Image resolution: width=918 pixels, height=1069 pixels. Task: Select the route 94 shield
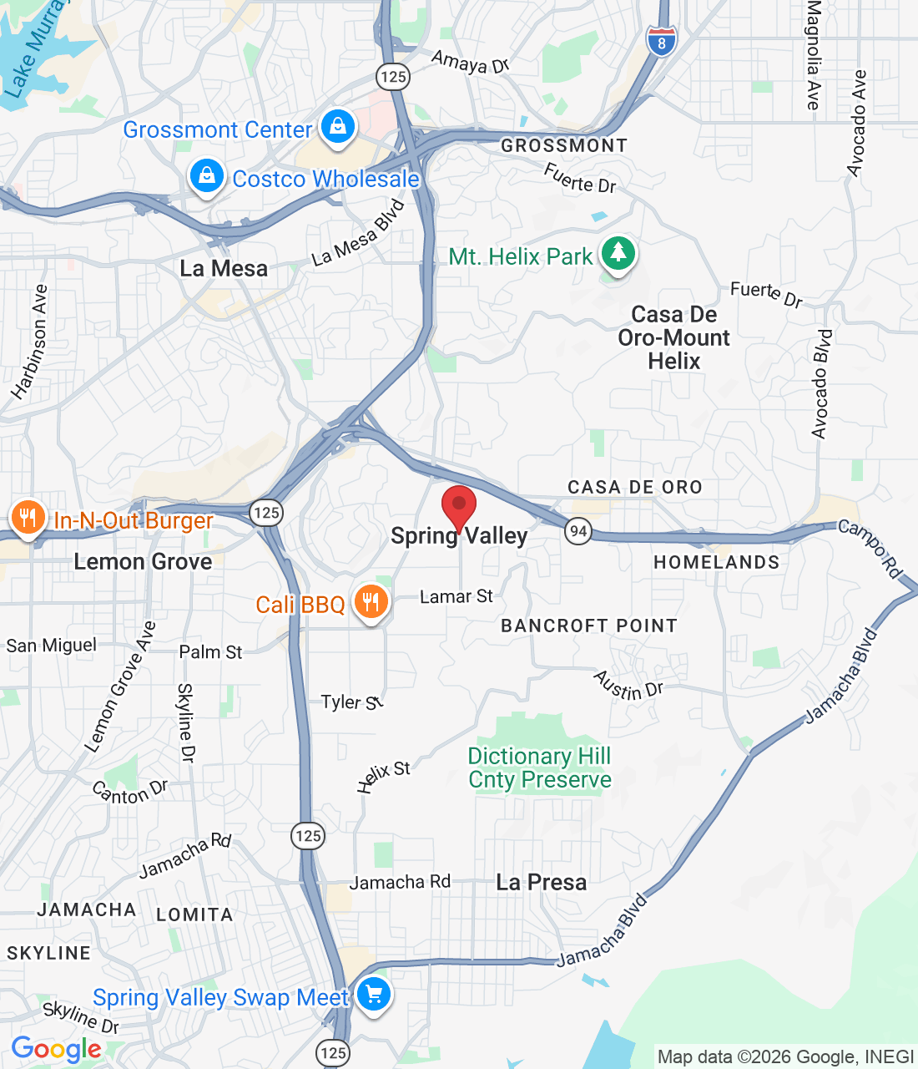(578, 530)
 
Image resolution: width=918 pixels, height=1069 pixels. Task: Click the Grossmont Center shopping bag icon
(337, 127)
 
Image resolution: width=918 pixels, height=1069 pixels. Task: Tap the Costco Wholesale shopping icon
(206, 175)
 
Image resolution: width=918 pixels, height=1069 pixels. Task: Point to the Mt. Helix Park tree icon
(618, 251)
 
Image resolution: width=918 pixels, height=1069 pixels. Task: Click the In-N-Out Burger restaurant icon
(28, 517)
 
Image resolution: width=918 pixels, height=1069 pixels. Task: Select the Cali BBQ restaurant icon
(371, 601)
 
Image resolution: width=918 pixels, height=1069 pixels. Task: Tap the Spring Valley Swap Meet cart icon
(373, 995)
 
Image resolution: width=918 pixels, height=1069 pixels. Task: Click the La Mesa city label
(224, 269)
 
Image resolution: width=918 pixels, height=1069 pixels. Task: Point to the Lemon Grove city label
(143, 562)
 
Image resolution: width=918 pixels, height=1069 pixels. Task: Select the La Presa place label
(541, 883)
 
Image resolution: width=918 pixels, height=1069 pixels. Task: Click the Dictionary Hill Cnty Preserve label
(539, 768)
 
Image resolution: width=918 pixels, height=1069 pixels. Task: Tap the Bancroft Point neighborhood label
(588, 626)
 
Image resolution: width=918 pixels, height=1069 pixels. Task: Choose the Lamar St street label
(456, 596)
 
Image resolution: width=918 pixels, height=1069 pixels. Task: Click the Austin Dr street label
(628, 686)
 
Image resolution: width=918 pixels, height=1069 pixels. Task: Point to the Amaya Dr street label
(470, 62)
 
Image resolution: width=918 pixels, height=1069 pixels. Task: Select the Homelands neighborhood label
(716, 563)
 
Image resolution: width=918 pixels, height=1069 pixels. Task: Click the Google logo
(56, 1049)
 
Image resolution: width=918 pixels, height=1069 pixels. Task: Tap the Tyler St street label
(352, 702)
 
